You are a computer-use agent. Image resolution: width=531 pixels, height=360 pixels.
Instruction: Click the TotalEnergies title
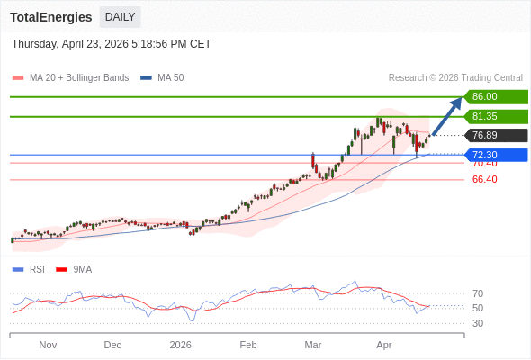[51, 17]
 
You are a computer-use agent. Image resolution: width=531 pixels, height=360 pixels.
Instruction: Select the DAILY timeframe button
[120, 17]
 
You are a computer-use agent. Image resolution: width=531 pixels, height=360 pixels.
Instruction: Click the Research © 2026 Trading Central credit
[455, 78]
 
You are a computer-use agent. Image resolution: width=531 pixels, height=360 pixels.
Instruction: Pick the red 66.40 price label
[484, 179]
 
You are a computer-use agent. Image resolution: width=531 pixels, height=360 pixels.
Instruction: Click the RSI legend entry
[36, 269]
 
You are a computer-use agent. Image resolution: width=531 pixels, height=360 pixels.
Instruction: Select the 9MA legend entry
[82, 269]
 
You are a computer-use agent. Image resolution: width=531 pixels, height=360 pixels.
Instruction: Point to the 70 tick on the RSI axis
[478, 293]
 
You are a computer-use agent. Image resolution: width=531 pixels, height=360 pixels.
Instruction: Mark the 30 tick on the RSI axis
[478, 323]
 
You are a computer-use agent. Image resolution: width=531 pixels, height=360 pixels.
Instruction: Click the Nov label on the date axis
[48, 345]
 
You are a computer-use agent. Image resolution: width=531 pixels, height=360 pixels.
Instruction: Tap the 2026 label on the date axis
[181, 345]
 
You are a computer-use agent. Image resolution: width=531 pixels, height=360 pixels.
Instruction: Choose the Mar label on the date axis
[313, 345]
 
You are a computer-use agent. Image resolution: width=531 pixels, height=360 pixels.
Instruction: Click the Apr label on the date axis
[384, 345]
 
